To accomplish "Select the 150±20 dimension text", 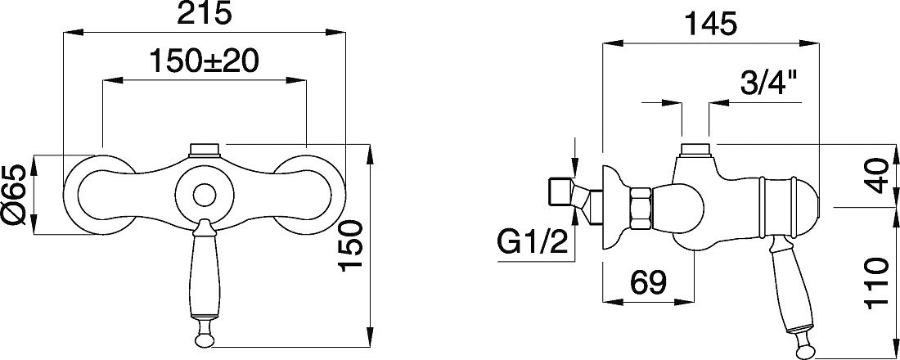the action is (x=203, y=61).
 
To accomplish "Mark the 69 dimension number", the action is (x=648, y=282).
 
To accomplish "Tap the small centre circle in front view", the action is (x=205, y=196).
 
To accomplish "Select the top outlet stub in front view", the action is (x=205, y=149).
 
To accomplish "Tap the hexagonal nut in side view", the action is (x=640, y=209).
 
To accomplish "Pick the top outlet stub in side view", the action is (x=695, y=149).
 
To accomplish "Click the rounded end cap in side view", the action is (x=807, y=206).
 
